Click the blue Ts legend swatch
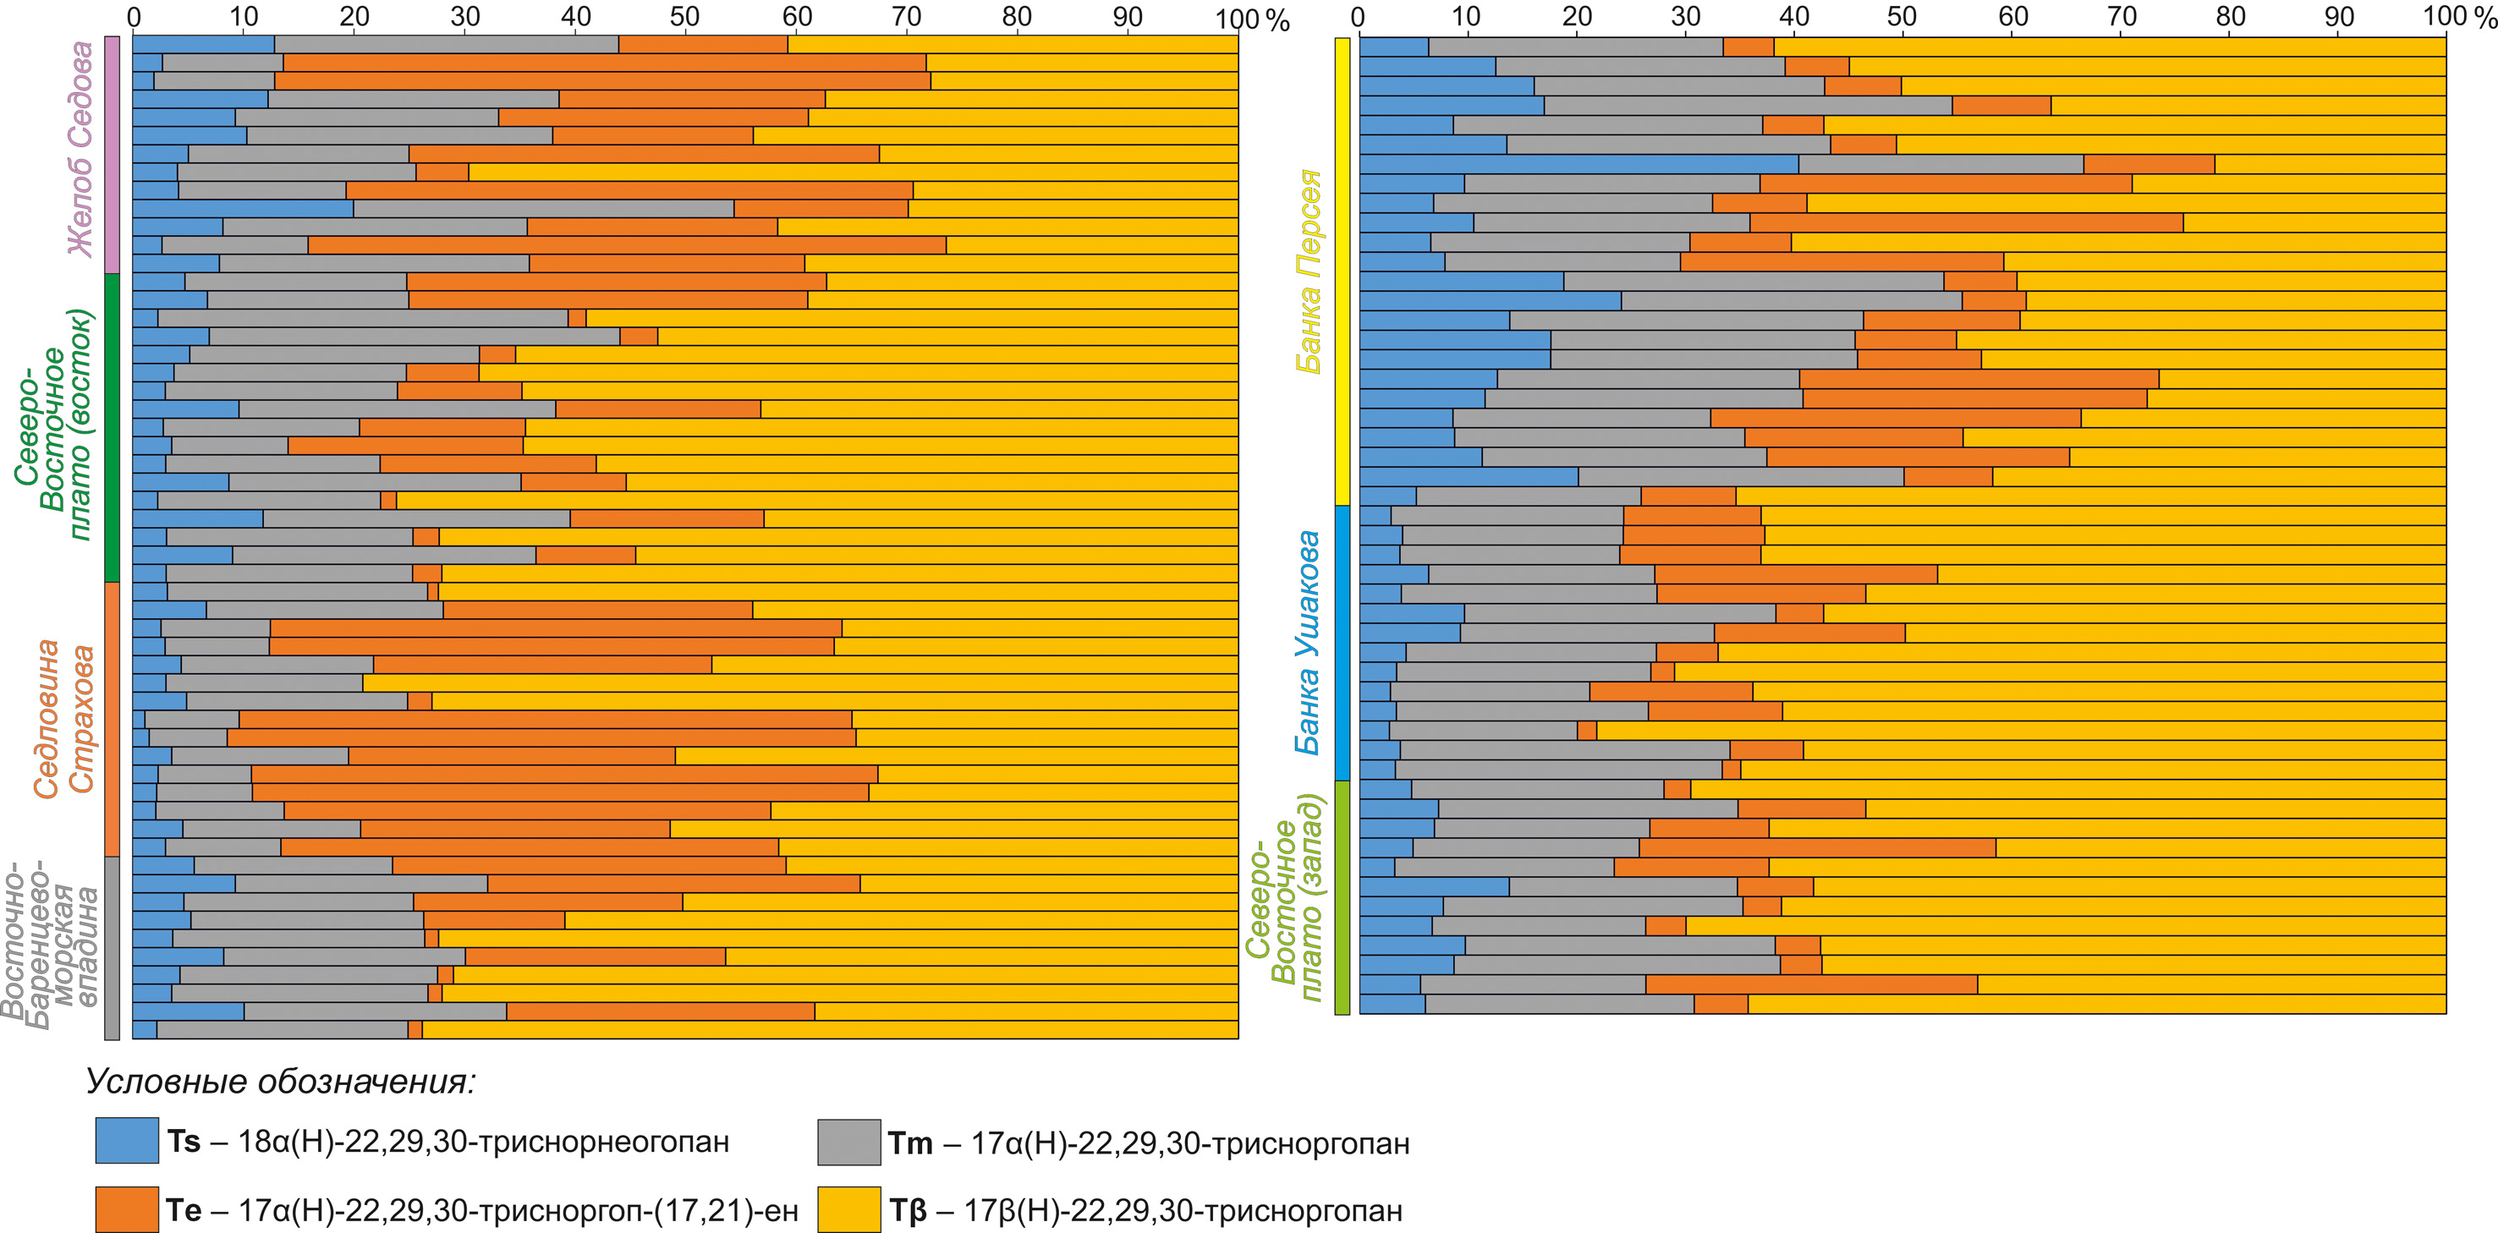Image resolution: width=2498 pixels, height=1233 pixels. (127, 1140)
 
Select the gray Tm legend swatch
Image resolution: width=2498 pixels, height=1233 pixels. (848, 1141)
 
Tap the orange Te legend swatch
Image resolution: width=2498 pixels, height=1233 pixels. (127, 1209)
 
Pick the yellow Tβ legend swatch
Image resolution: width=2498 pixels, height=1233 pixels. (848, 1209)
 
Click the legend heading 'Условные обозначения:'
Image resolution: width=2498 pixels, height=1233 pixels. (281, 1081)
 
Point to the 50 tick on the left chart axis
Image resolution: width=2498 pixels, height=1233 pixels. (685, 16)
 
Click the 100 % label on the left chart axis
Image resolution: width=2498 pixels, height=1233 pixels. (1253, 19)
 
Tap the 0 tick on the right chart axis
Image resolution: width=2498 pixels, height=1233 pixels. (1358, 16)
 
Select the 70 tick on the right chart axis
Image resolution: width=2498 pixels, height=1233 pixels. (2122, 16)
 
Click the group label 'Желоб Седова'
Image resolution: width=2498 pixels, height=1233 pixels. (80, 148)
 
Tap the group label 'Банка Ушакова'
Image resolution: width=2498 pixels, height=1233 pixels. (1308, 642)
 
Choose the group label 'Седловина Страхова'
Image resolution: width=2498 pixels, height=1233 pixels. (64, 718)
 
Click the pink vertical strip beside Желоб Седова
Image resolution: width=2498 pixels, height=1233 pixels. (112, 155)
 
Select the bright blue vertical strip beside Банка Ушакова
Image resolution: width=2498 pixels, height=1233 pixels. (1342, 643)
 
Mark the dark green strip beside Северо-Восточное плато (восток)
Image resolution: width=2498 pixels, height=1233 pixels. (112, 427)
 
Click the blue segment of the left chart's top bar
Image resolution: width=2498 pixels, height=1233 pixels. (204, 45)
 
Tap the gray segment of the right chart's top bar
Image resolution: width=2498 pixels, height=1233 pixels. (1576, 47)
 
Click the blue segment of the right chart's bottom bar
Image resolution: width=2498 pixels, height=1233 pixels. (1392, 1004)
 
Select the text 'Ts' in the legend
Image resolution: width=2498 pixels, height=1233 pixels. (184, 1141)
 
